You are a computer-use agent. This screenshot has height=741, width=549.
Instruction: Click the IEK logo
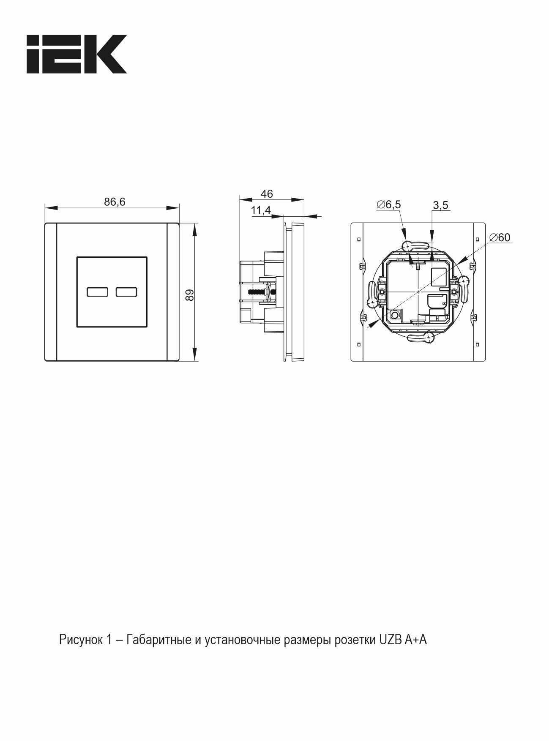tap(76, 54)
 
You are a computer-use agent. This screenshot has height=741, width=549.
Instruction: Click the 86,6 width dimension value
tap(115, 202)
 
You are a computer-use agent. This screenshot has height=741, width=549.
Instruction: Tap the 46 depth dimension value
tap(267, 194)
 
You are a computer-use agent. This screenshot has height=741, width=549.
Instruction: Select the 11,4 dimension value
tap(261, 210)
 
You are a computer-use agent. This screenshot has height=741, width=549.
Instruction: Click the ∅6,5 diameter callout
tap(388, 205)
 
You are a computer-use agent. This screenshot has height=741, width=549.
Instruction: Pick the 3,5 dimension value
tap(441, 205)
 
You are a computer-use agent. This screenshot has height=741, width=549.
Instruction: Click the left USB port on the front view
tap(97, 292)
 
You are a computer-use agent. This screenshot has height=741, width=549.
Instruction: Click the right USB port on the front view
tap(126, 292)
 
